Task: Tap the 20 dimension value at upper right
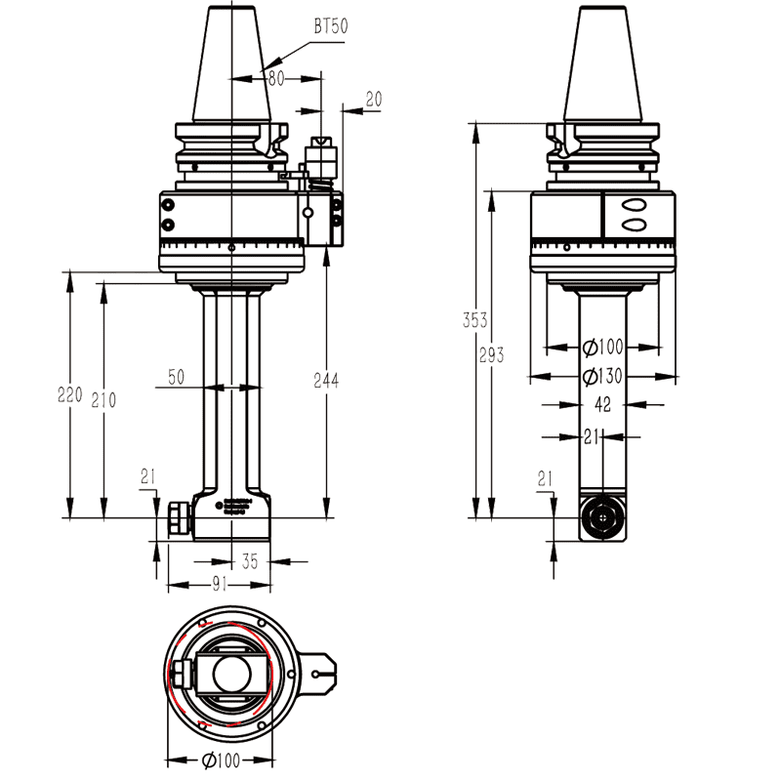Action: pyautogui.click(x=373, y=99)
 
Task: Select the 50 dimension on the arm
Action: pyautogui.click(x=176, y=377)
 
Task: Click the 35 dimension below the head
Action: pyautogui.click(x=250, y=560)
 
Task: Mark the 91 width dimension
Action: pyautogui.click(x=219, y=584)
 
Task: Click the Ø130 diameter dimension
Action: pyautogui.click(x=602, y=377)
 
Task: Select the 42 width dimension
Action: pyautogui.click(x=603, y=403)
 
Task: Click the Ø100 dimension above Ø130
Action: pyautogui.click(x=602, y=347)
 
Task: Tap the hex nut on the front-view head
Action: pyautogui.click(x=178, y=518)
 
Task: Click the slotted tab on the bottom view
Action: pyautogui.click(x=318, y=672)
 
